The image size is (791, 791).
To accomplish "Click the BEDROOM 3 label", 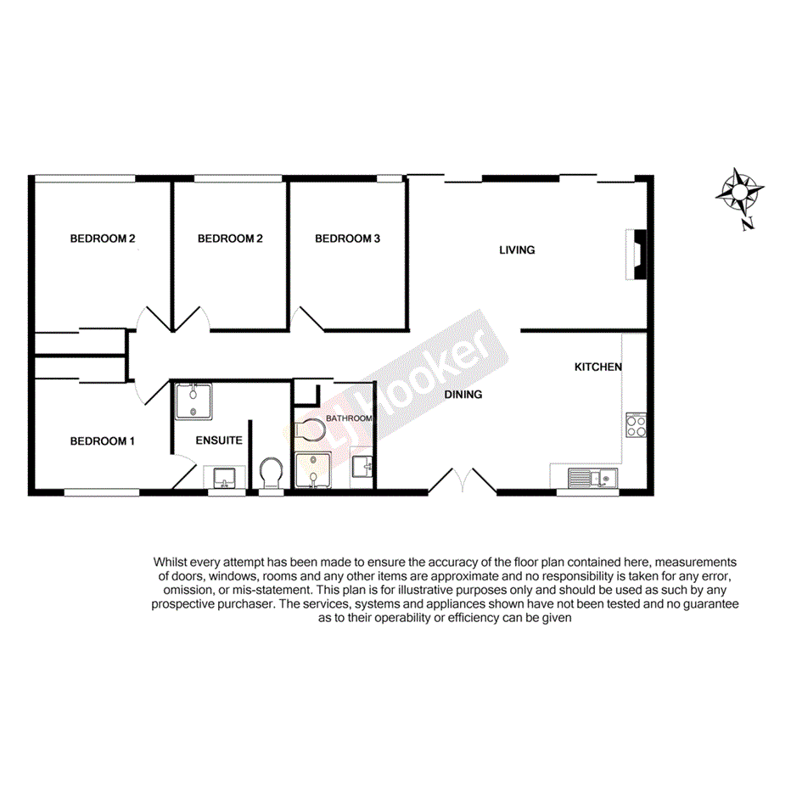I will tap(347, 239).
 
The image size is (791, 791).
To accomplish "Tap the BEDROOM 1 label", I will tap(102, 441).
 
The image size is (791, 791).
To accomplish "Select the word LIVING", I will tap(517, 250).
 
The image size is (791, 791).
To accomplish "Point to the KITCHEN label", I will tap(598, 367).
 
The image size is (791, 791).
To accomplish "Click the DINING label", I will tap(463, 395).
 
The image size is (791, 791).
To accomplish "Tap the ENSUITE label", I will tap(219, 441).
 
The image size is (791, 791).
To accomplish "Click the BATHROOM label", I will tap(349, 419).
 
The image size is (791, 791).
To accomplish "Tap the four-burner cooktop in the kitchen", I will tap(636, 424).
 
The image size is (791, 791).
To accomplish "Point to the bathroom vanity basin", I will tap(362, 466).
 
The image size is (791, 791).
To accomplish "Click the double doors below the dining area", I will tap(463, 482).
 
